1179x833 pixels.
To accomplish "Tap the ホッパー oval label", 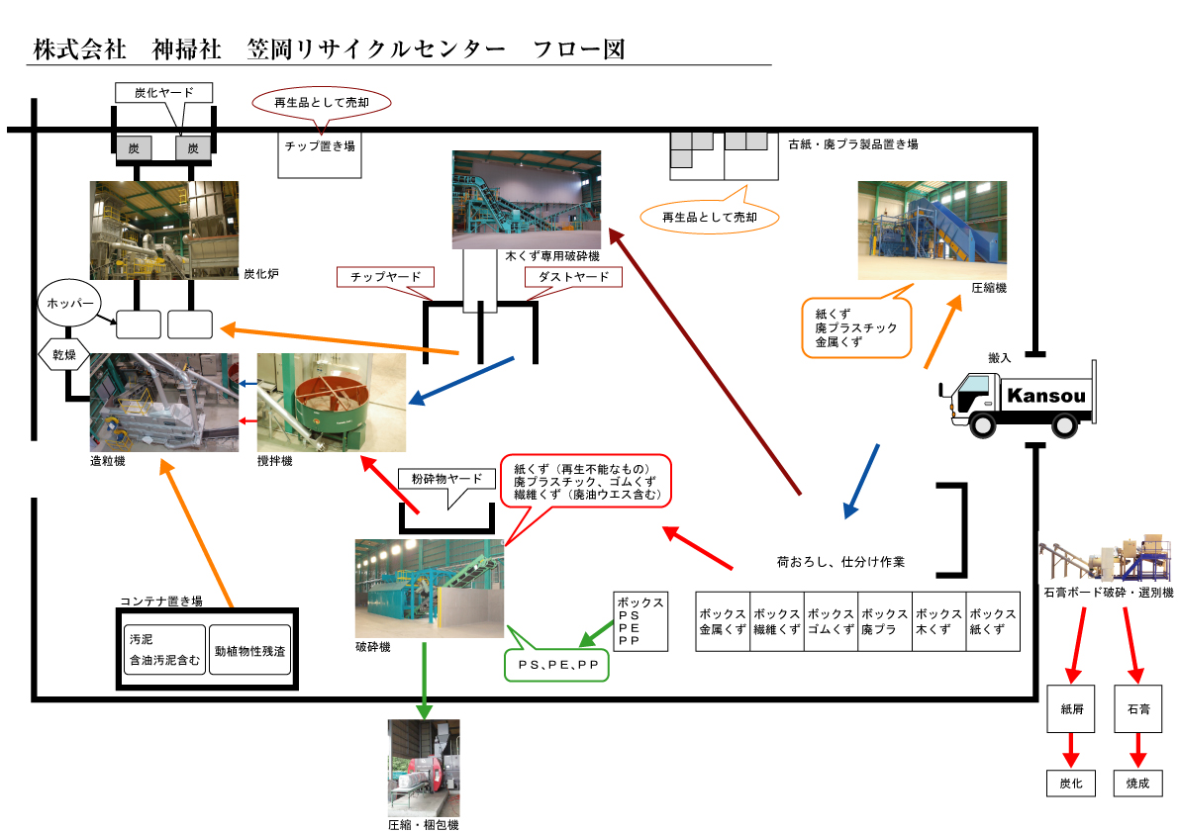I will [69, 303].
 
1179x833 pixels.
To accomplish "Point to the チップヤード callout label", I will [385, 277].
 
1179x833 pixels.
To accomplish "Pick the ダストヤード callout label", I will [573, 277].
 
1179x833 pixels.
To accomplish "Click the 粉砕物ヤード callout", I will [446, 480].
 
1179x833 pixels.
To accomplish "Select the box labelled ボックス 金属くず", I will [723, 622].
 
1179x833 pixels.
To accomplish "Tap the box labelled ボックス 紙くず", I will [992, 622].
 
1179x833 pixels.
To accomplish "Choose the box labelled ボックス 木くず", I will [937, 622].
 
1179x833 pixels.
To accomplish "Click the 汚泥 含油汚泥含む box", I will [165, 648].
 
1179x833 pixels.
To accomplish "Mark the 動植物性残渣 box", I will [250, 648].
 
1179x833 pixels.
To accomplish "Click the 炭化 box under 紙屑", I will [1071, 784].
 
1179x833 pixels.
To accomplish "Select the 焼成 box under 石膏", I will [1138, 784].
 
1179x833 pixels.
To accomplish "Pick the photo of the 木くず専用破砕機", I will [527, 199].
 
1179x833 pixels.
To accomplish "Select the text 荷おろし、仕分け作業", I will [840, 562].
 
